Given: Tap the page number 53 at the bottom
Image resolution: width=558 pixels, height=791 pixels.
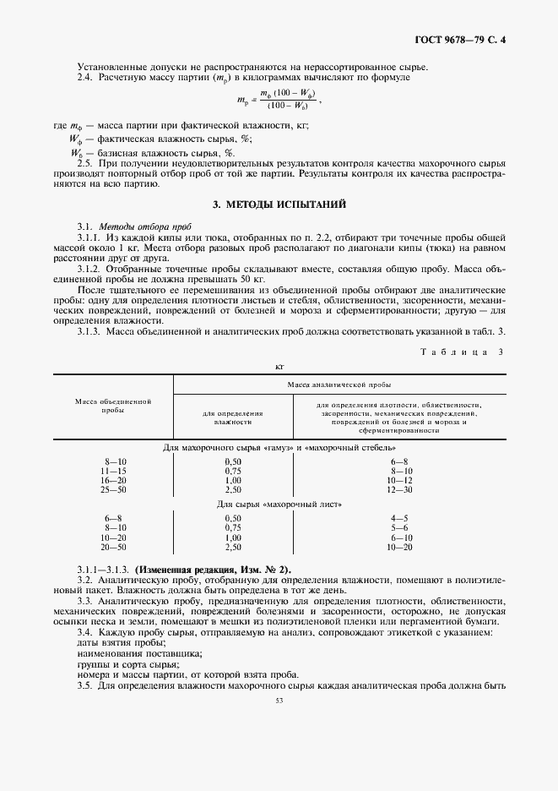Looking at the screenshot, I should [x=279, y=700].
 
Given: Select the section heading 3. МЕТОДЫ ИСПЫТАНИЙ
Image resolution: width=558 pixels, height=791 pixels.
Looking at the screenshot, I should [x=279, y=205].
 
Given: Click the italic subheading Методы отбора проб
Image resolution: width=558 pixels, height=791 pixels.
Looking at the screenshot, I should [x=146, y=228].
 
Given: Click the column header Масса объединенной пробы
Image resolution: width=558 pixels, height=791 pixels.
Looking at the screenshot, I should [x=113, y=404].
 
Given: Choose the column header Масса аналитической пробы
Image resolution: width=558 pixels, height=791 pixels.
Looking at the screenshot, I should [x=338, y=383].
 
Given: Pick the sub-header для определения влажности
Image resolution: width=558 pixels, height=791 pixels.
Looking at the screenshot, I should [x=233, y=417].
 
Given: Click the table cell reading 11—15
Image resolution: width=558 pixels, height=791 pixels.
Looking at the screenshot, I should [x=113, y=471].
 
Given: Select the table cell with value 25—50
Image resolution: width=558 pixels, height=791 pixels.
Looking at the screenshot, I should [x=113, y=489].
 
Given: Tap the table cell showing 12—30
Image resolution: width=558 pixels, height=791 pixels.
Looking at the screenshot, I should [x=399, y=489].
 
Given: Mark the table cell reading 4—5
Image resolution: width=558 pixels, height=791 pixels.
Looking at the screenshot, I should [x=399, y=518].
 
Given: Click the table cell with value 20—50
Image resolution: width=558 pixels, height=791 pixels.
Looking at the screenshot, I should [x=113, y=547].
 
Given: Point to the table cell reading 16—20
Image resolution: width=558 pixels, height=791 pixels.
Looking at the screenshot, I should [x=113, y=480].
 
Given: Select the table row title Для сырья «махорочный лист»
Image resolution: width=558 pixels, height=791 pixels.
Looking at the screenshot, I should [x=279, y=504].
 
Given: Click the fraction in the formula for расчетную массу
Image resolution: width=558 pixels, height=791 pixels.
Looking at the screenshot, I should [x=288, y=99].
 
